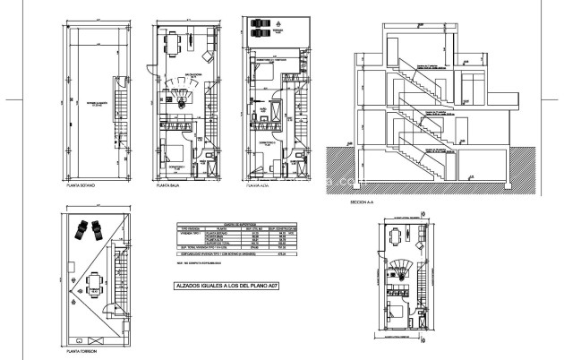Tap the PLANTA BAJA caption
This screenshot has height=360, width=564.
(170, 189)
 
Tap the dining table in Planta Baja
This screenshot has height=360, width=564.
(182, 42)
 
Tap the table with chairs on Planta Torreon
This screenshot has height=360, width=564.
(93, 284)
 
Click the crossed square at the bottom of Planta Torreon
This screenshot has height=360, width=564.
(80, 339)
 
